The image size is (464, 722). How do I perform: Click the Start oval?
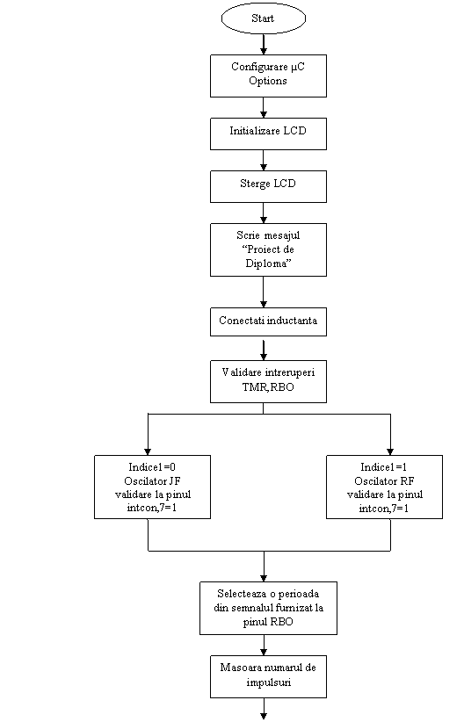click(x=264, y=18)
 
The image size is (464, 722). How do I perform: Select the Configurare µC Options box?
click(x=268, y=76)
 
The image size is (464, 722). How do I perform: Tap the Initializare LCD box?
click(x=268, y=134)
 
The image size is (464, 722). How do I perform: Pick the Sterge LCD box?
click(x=268, y=186)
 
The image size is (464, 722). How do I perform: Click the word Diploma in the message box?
click(x=267, y=264)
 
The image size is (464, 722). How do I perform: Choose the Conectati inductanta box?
click(x=268, y=321)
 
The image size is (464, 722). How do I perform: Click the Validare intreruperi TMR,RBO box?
click(x=268, y=382)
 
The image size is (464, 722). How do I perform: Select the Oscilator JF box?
click(x=153, y=487)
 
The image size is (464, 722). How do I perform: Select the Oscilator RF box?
click(x=384, y=487)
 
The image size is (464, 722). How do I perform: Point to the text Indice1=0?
click(x=152, y=467)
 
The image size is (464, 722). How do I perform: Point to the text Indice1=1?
click(x=384, y=467)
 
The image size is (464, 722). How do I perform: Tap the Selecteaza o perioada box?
click(x=268, y=609)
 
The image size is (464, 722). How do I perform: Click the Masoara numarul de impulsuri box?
click(x=268, y=677)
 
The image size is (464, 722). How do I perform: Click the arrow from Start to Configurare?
click(x=264, y=44)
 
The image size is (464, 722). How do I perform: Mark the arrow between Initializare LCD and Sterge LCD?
click(x=264, y=160)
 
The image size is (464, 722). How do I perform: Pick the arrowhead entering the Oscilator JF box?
click(x=148, y=452)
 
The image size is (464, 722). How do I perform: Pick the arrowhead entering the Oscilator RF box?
click(x=390, y=452)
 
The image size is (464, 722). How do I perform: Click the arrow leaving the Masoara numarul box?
click(x=264, y=709)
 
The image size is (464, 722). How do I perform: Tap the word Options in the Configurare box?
click(x=268, y=81)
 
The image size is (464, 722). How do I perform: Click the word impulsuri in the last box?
click(x=269, y=682)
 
